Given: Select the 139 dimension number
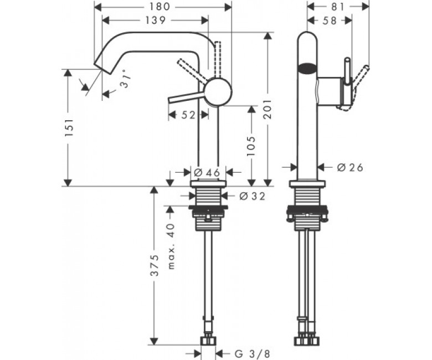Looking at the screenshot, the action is coord(156,20).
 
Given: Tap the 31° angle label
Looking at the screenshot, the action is coord(124,80).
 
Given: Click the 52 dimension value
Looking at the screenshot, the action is coord(188,115).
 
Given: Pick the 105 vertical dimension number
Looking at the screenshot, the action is coord(251,146).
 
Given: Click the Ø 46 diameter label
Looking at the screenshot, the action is coord(207,173).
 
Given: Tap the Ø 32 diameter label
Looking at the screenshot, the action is coord(252,196).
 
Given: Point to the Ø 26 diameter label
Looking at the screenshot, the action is coord(350,167).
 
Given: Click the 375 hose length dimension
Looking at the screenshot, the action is coord(155,265).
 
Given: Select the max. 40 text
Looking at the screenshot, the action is coord(171,246).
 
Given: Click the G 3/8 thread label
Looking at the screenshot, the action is coord(252,353).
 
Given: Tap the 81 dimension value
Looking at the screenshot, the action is coord(338,7).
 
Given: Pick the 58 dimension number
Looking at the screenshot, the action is coord(330,20).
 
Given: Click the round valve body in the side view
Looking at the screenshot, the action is coord(218,92).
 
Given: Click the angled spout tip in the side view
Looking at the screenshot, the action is coord(102,68).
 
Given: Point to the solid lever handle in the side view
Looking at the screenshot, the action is coord(186,97).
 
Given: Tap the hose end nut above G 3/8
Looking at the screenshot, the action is coord(208,340).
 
